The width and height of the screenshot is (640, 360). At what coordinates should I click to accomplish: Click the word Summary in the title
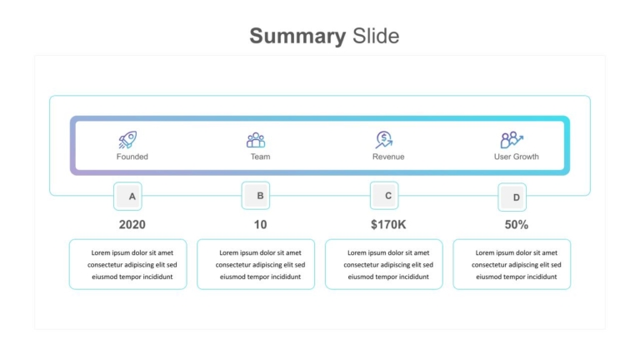pyautogui.click(x=297, y=37)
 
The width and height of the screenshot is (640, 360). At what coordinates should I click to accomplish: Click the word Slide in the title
pyautogui.click(x=376, y=36)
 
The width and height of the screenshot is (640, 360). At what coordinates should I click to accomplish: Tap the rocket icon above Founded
pyautogui.click(x=127, y=140)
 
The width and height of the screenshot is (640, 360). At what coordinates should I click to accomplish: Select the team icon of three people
pyautogui.click(x=256, y=140)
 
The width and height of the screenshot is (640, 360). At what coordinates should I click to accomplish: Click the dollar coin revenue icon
pyautogui.click(x=384, y=140)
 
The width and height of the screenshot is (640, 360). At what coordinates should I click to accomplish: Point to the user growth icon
pyautogui.click(x=512, y=140)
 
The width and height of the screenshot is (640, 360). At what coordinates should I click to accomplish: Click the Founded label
pyautogui.click(x=132, y=157)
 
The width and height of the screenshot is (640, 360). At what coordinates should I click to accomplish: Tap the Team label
pyautogui.click(x=260, y=157)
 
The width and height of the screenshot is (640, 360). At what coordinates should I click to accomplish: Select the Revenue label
pyautogui.click(x=388, y=157)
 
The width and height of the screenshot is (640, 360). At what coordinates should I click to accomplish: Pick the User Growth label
pyautogui.click(x=517, y=157)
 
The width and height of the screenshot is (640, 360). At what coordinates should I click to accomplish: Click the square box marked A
pyautogui.click(x=127, y=197)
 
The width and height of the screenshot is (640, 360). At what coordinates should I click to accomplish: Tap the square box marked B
pyautogui.click(x=256, y=196)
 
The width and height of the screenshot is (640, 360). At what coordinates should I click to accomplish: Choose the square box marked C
pyautogui.click(x=384, y=196)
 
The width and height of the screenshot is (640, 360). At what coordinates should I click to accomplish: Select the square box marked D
pyautogui.click(x=512, y=197)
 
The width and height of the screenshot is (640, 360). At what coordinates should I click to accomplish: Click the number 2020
pyautogui.click(x=132, y=224)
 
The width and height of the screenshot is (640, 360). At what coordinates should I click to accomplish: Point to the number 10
pyautogui.click(x=260, y=224)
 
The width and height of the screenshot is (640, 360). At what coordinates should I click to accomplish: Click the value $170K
pyautogui.click(x=388, y=224)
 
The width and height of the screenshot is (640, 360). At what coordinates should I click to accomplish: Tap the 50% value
pyautogui.click(x=517, y=224)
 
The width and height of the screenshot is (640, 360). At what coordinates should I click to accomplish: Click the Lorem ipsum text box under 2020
pyautogui.click(x=128, y=264)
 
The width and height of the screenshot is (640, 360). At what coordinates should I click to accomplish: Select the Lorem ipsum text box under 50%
pyautogui.click(x=512, y=264)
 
